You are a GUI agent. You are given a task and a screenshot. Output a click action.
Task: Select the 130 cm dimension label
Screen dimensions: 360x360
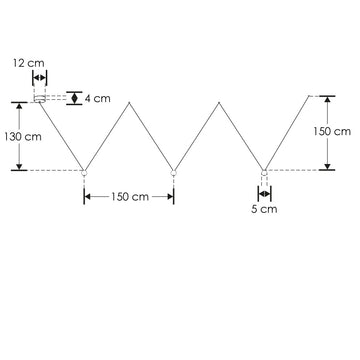pyautogui.click(x=22, y=136)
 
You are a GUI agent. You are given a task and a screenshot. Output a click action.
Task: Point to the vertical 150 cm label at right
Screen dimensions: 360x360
pyautogui.click(x=332, y=131)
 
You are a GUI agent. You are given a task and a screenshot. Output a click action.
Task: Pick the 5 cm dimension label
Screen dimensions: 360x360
pyautogui.click(x=263, y=210)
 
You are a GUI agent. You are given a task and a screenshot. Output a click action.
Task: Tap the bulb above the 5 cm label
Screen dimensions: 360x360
pyautogui.click(x=263, y=173)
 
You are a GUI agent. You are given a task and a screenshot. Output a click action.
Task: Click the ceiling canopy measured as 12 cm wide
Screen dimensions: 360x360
pyautogui.click(x=40, y=97)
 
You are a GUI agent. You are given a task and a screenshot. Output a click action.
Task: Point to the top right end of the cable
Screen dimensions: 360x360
pyautogui.click(x=307, y=94)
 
